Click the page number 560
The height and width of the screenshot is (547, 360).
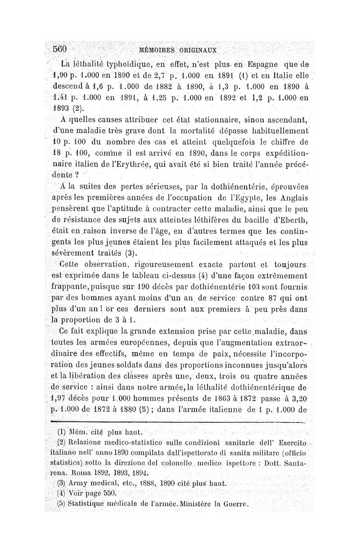pyautogui.click(x=60, y=49)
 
